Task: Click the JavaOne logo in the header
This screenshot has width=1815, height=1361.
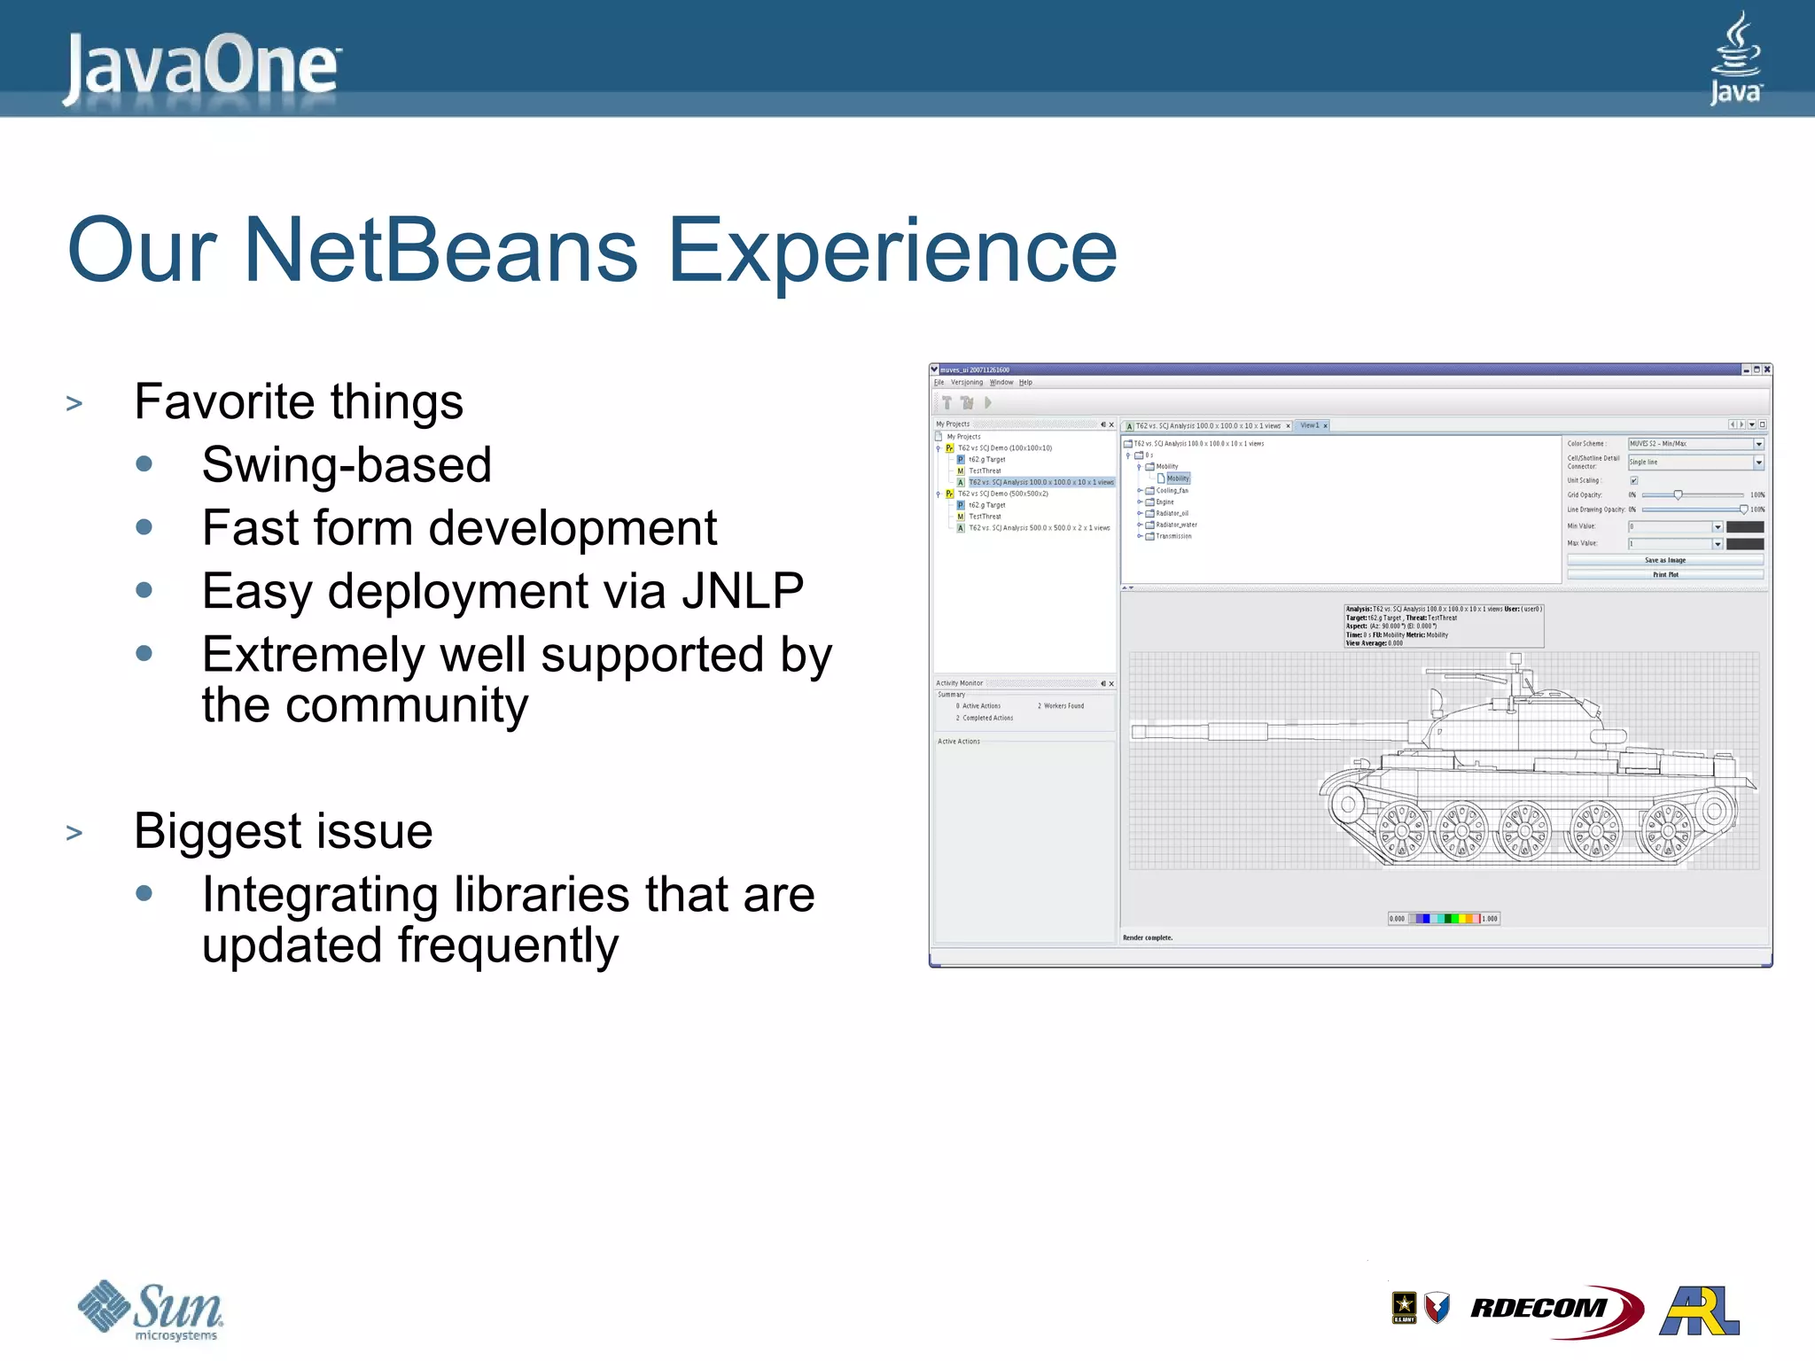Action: [202, 66]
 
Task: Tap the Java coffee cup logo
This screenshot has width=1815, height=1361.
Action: [1735, 58]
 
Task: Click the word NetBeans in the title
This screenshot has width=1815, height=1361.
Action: [440, 251]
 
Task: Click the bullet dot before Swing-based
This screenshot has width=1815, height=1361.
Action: [144, 464]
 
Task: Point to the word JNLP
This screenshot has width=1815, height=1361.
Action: [743, 591]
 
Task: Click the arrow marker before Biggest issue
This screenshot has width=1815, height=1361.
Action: [74, 833]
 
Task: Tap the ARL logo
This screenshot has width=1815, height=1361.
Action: [1700, 1311]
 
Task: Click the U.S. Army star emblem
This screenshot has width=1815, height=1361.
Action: [1404, 1307]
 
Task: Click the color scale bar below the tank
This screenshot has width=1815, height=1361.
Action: [1444, 919]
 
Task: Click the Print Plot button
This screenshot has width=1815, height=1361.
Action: [1664, 574]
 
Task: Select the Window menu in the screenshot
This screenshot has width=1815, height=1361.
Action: [1001, 383]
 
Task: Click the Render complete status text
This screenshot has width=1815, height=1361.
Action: [1148, 937]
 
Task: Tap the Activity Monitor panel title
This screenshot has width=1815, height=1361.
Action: [959, 683]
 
